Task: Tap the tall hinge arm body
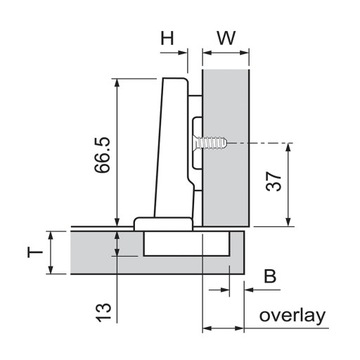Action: coord(172,150)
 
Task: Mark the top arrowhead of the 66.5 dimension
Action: coord(119,82)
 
